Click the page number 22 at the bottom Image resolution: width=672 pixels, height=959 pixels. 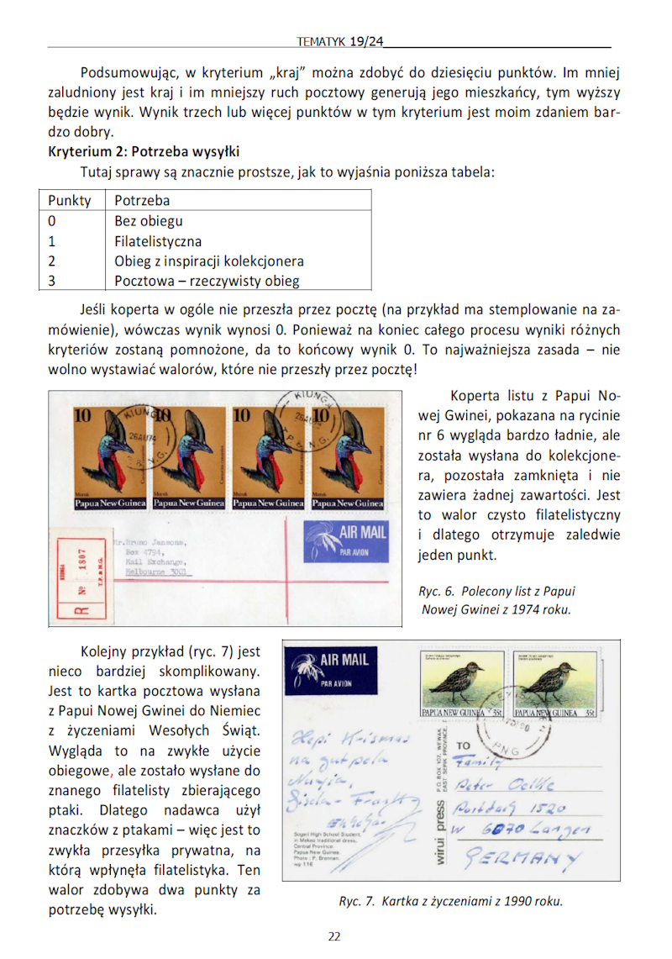click(x=334, y=936)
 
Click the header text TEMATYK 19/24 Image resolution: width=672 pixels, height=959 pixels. click(x=340, y=40)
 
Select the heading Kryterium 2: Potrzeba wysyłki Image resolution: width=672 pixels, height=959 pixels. click(x=144, y=152)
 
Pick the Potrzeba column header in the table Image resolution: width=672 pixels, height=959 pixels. click(x=142, y=200)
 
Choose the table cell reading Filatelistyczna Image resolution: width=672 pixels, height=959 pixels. click(x=158, y=241)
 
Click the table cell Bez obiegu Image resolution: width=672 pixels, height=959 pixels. click(x=149, y=221)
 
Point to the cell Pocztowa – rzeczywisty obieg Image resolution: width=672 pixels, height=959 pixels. click(x=207, y=282)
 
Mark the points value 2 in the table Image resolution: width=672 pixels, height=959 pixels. click(x=52, y=261)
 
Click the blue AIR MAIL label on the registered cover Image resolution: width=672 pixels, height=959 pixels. click(x=346, y=541)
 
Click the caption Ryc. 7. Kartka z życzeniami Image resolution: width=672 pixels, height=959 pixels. click(x=450, y=902)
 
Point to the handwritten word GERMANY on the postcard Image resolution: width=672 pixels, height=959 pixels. click(x=522, y=859)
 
